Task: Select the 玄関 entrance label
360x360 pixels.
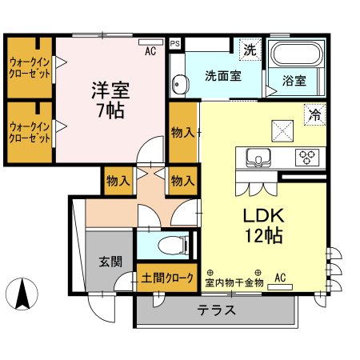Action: click(x=110, y=261)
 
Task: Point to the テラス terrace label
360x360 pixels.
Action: click(x=217, y=310)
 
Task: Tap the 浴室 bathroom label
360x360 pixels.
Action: click(x=294, y=80)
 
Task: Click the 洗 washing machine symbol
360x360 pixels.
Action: click(x=250, y=50)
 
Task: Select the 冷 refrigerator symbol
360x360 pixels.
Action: click(x=315, y=114)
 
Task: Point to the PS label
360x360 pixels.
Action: click(x=174, y=43)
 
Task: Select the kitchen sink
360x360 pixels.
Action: click(x=258, y=157)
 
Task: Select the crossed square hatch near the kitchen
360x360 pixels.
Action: click(x=282, y=128)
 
